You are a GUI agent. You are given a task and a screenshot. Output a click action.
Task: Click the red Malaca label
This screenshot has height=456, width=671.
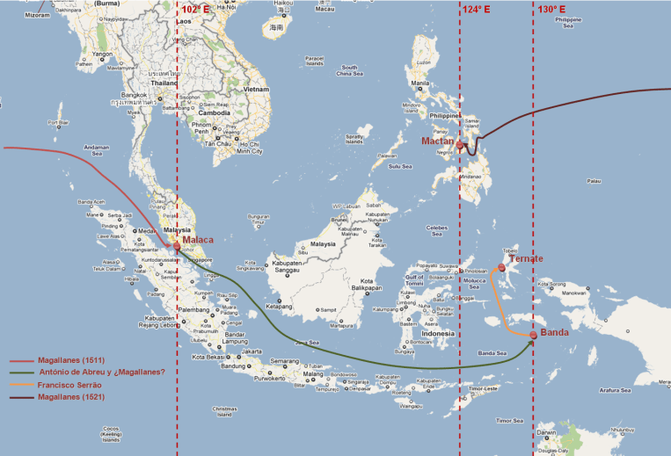[x=198, y=240]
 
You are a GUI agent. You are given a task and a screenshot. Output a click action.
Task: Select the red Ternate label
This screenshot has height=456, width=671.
[x=527, y=258]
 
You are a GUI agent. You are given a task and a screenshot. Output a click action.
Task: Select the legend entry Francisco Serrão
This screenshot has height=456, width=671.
[x=71, y=385]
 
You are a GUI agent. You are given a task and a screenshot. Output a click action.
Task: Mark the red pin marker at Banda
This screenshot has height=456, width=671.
[x=534, y=335]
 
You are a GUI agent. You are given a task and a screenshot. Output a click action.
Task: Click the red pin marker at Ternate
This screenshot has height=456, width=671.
[x=501, y=267]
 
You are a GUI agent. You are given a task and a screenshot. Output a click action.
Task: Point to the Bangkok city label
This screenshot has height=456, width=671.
[x=135, y=94]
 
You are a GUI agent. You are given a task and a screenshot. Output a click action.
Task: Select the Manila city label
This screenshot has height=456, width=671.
[x=420, y=83]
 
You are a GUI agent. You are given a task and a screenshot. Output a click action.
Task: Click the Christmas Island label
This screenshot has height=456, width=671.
[x=224, y=411]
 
